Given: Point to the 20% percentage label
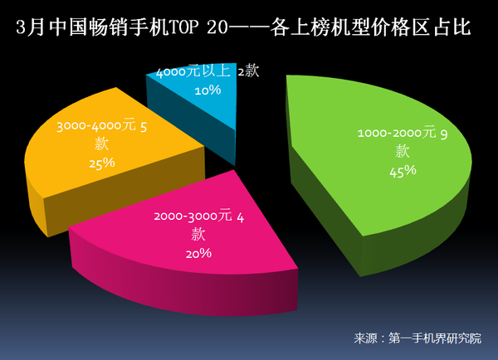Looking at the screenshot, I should click(199, 253).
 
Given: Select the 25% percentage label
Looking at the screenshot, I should click(101, 163).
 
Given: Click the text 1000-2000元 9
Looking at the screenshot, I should click(403, 133).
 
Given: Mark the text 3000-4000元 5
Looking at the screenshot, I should click(102, 128).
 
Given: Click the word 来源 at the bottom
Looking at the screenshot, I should click(366, 338).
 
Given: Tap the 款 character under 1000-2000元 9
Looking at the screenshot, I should click(403, 151).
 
